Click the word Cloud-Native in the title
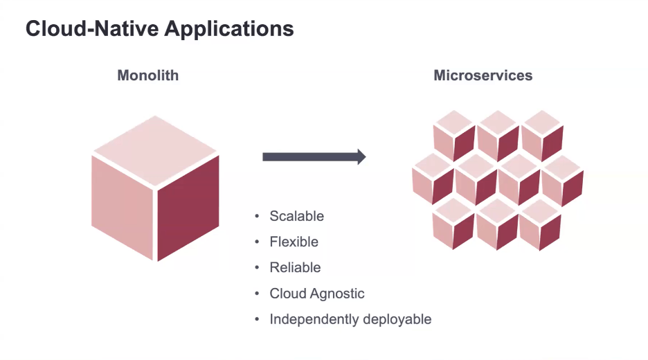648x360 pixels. coord(84,29)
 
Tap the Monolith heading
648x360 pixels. coord(147,75)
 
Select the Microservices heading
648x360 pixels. coord(483,75)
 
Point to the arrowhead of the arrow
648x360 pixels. coord(361,156)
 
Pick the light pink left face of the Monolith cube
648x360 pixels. coord(122,206)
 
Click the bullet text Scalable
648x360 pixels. coord(296,216)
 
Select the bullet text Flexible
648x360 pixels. coord(294,242)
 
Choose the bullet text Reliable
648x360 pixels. coord(295,267)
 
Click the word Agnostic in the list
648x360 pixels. coord(336,294)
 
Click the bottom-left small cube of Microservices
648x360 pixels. coord(453,224)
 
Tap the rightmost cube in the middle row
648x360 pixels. coord(561,179)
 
